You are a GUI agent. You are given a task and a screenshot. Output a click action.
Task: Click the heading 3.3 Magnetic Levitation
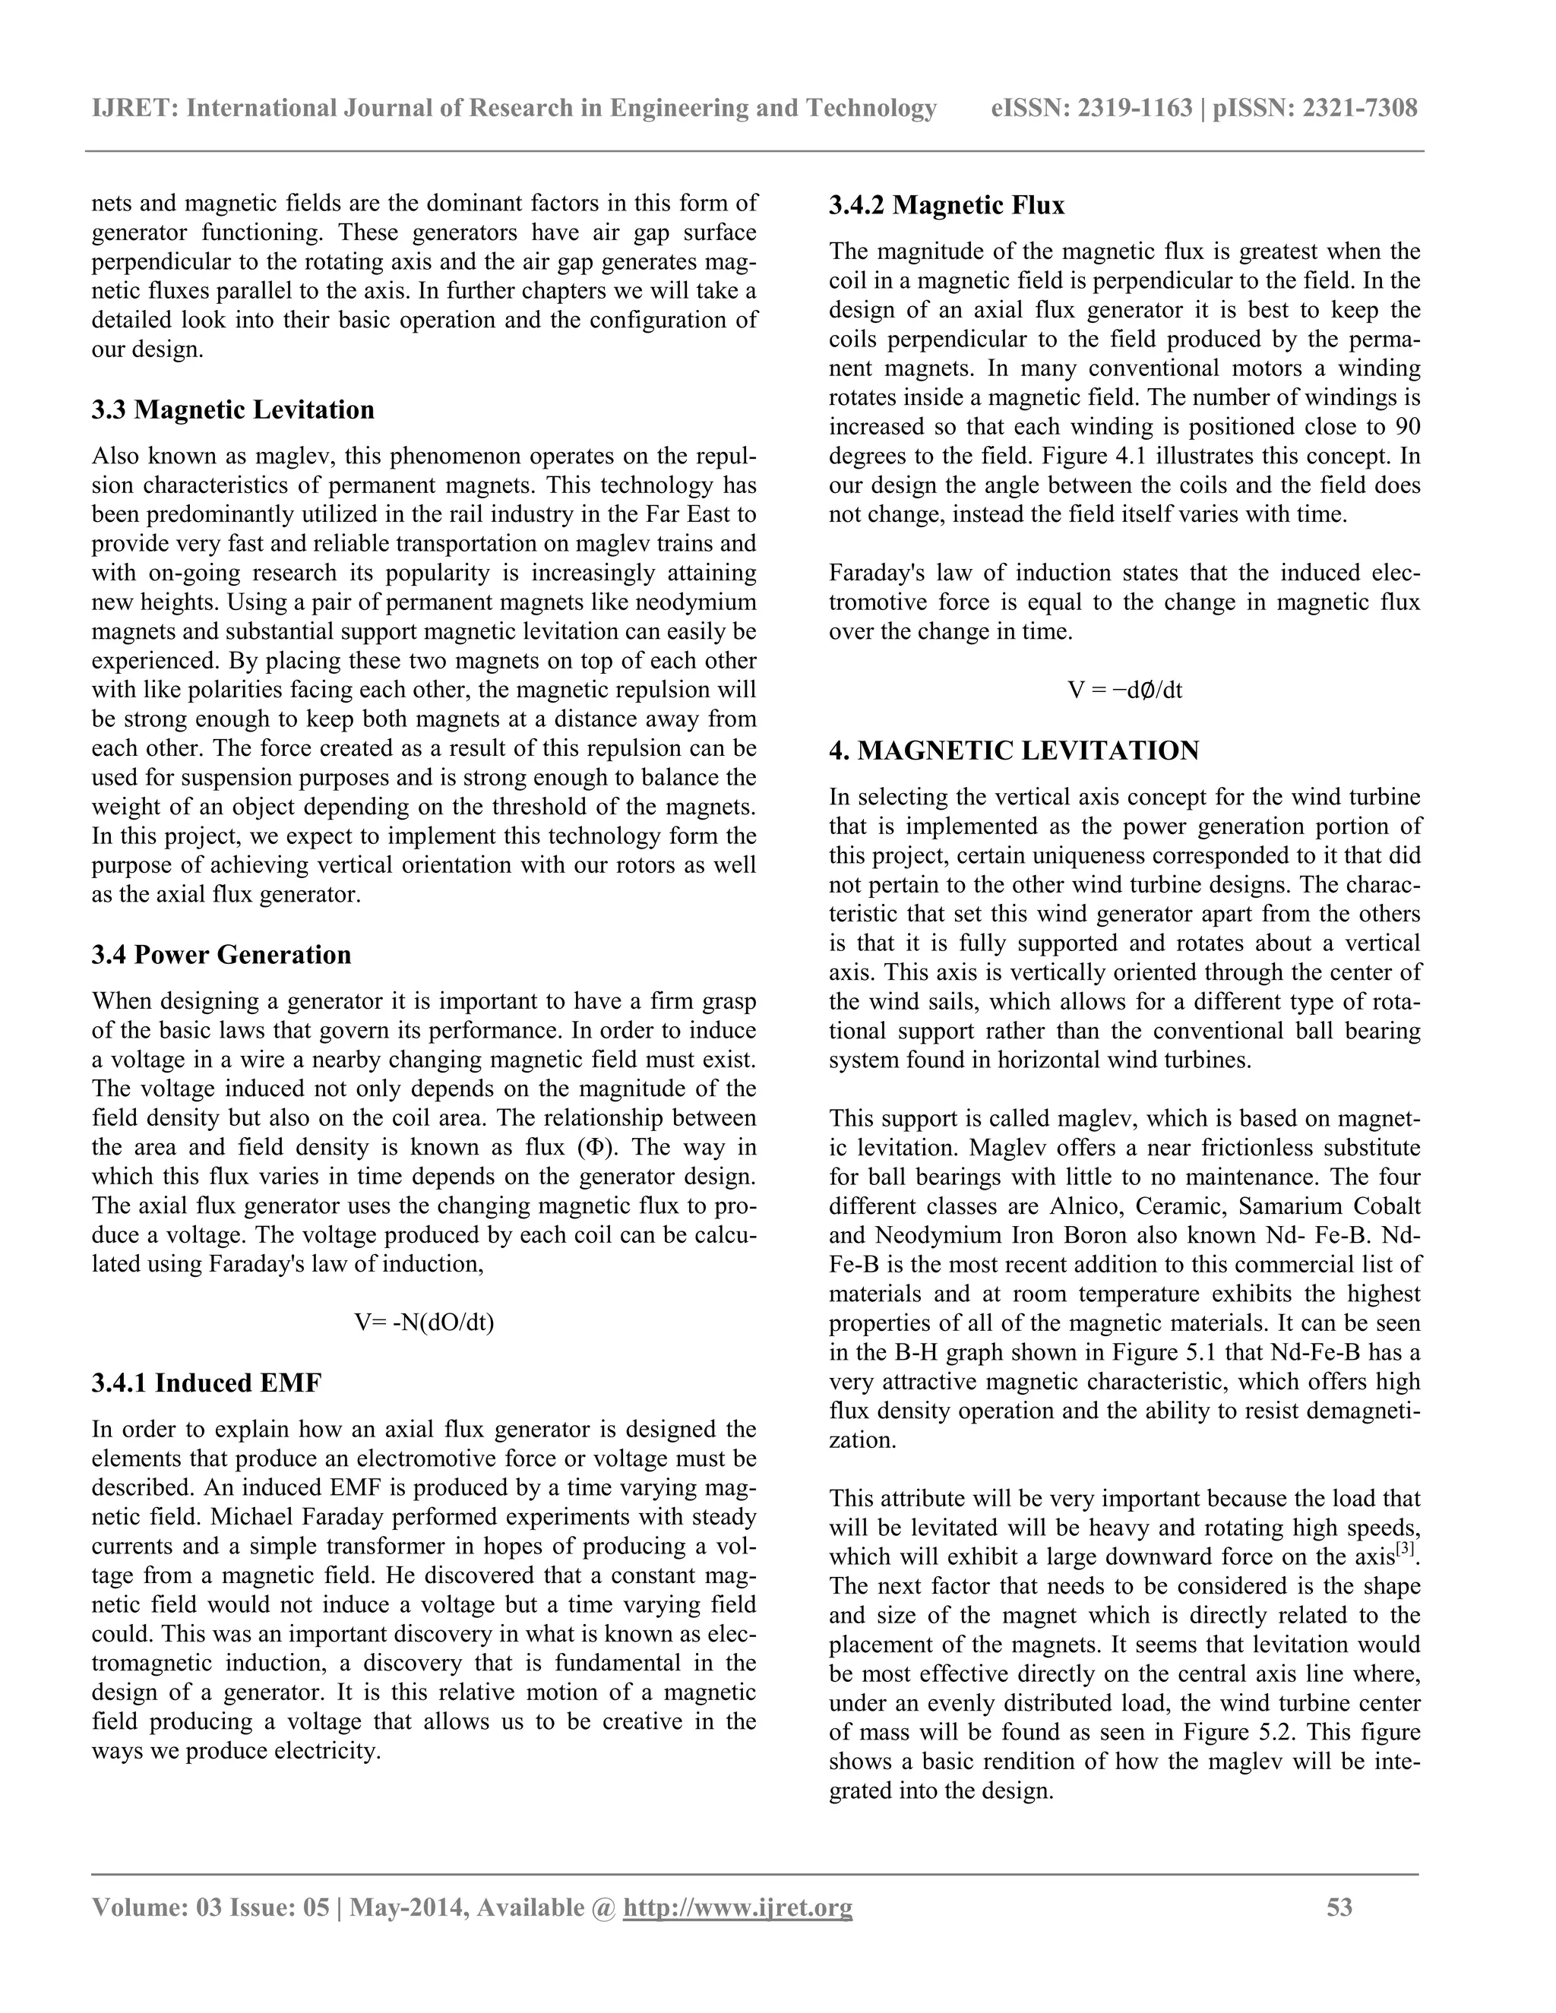(x=232, y=409)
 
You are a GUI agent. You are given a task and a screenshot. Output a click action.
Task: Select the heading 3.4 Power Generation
(x=221, y=954)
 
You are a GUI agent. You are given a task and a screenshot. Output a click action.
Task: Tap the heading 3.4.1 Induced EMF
(x=207, y=1383)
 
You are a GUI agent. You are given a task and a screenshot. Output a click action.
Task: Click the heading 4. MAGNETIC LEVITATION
(x=1014, y=751)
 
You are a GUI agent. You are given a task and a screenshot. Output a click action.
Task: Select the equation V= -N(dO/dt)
(x=424, y=1323)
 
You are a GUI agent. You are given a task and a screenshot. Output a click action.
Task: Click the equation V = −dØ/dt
(x=1124, y=690)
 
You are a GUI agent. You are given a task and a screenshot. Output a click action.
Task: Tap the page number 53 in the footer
(x=1339, y=1907)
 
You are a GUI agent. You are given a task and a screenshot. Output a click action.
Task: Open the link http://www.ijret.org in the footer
(x=738, y=1907)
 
